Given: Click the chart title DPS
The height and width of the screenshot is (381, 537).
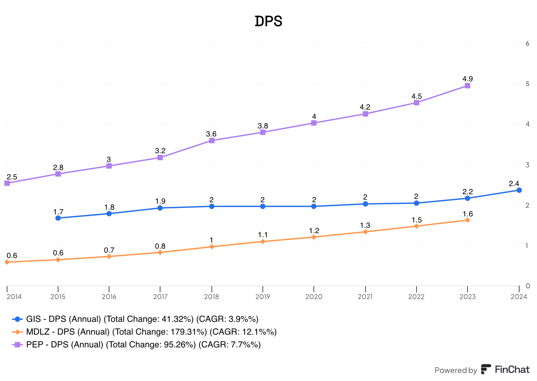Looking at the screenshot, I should tap(268, 22).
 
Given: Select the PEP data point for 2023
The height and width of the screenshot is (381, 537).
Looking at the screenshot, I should tap(468, 86).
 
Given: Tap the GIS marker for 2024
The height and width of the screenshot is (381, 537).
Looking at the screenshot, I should tap(519, 190).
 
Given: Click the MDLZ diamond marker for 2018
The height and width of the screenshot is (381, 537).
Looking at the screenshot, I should tap(212, 247).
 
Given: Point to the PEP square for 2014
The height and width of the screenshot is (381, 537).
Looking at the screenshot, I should tap(7, 183).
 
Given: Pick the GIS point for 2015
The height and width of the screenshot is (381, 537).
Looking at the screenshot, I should tap(58, 218).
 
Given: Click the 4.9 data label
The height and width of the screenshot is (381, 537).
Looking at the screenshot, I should tap(468, 79).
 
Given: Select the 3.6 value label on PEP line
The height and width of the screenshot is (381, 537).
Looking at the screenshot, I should tap(211, 134).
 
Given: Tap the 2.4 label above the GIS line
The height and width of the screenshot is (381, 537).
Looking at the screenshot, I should tap(514, 184).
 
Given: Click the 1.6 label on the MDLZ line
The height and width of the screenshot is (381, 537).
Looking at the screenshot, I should tap(468, 214).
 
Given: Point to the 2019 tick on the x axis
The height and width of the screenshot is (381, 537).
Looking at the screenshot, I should tap(263, 296).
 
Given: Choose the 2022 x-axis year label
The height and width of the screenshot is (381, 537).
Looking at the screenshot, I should tap(416, 296).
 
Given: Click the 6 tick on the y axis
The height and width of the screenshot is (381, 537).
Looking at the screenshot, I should tap(528, 43).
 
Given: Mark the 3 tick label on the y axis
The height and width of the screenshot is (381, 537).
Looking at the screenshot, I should tap(528, 165).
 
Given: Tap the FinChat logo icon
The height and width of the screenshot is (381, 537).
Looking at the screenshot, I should tap(486, 369).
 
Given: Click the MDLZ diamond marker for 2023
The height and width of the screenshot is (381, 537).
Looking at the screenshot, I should tap(468, 220).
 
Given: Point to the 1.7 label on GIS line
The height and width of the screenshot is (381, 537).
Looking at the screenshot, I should tap(58, 212).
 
